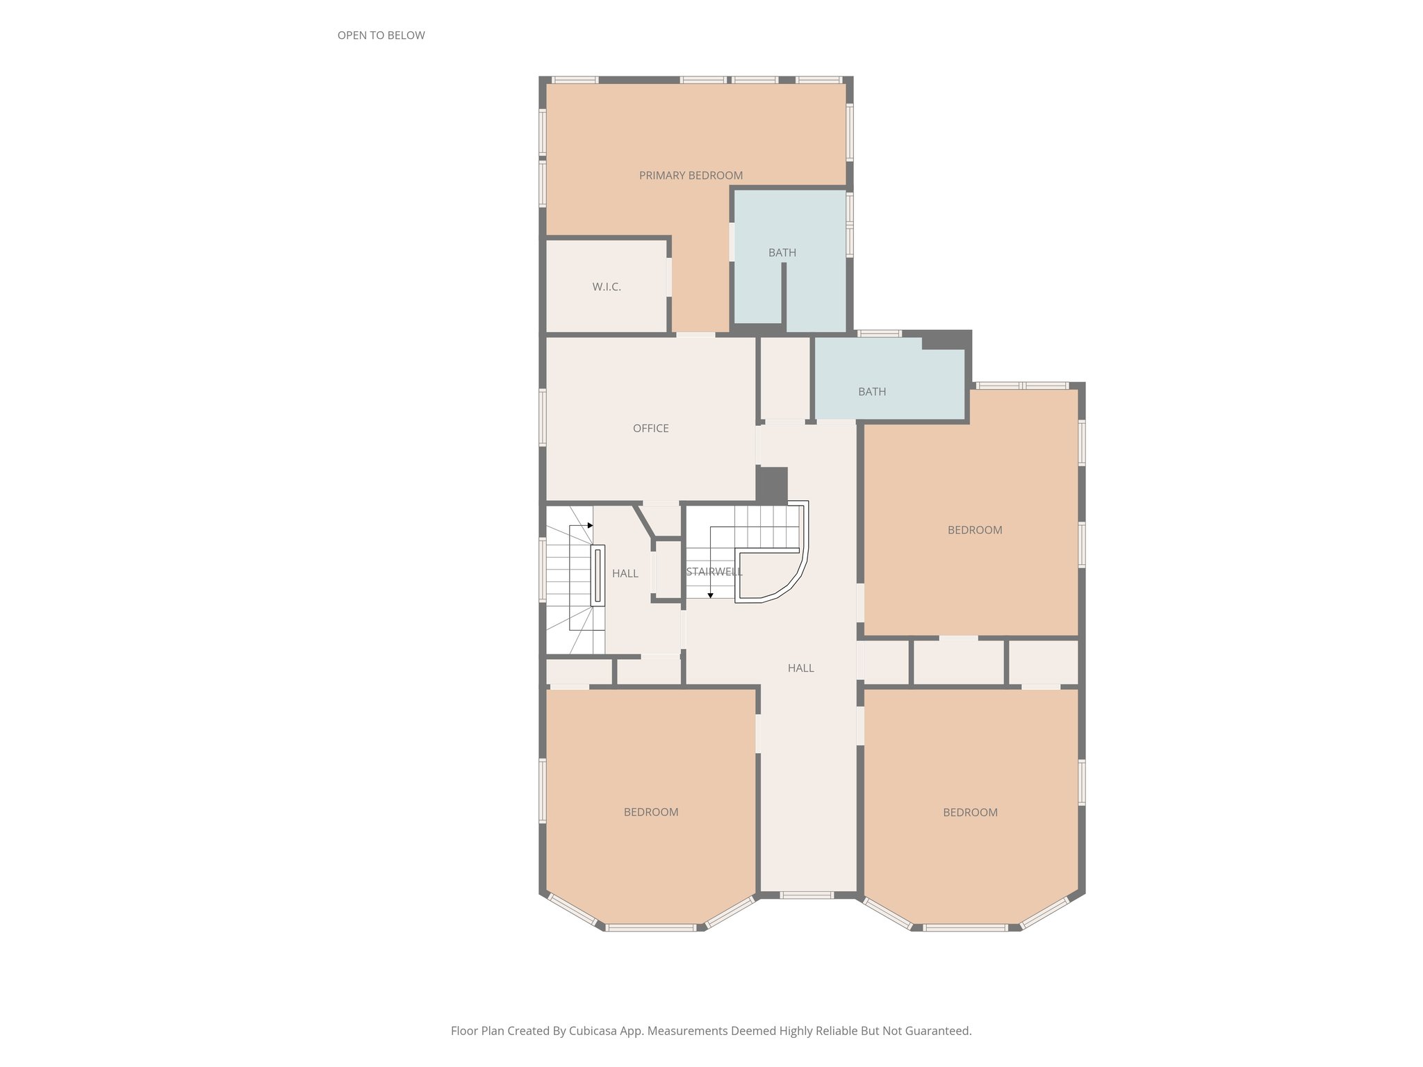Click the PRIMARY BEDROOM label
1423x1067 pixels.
[691, 176]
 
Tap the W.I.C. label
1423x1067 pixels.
[607, 287]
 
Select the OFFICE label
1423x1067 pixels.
[650, 429]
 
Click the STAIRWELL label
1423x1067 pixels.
[714, 572]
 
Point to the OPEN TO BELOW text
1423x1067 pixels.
[381, 35]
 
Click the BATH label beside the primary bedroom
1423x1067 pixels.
[782, 253]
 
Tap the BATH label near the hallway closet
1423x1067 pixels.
[871, 392]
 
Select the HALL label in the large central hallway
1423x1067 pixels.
[800, 668]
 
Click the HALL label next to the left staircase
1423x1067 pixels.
[625, 574]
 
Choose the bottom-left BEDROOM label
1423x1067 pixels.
[650, 812]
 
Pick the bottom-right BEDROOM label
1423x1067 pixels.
[970, 813]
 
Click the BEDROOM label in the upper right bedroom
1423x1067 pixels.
[974, 530]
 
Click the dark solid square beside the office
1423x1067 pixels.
[771, 485]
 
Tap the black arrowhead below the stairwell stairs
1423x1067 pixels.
[710, 595]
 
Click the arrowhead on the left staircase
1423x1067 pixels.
[590, 525]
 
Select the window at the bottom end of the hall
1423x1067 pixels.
[806, 895]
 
